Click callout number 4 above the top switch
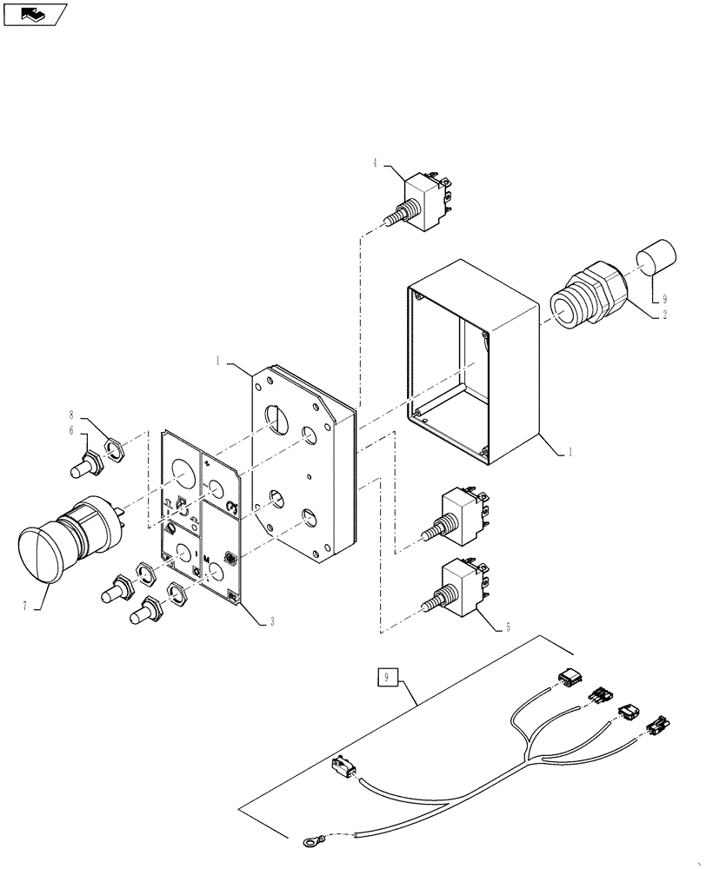[376, 162]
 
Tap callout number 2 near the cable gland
[665, 316]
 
